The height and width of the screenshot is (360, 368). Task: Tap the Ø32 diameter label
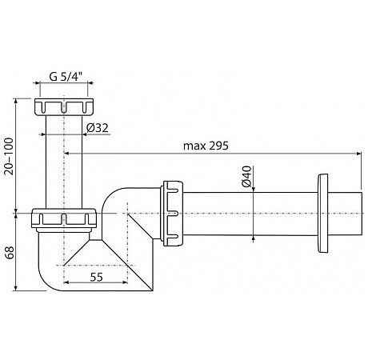click(98, 128)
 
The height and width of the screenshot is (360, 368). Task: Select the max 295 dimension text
click(206, 146)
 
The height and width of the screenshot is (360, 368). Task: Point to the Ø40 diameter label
click(247, 177)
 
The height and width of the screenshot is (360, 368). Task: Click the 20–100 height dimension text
click(9, 156)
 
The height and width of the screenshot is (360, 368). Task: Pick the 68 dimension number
click(10, 253)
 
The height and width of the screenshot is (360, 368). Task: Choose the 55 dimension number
click(96, 278)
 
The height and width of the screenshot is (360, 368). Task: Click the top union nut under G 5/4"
click(64, 106)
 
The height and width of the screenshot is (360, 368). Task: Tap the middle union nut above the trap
click(63, 218)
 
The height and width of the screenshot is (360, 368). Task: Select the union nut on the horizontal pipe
click(172, 214)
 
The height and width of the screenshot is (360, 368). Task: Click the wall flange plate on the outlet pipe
click(322, 213)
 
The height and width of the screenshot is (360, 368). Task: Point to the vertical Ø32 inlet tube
click(64, 162)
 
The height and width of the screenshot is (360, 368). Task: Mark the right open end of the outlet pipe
click(362, 214)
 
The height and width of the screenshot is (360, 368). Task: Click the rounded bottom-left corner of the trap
click(45, 282)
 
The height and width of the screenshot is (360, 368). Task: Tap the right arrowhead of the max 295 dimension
click(359, 154)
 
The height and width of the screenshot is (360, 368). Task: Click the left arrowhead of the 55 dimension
click(66, 282)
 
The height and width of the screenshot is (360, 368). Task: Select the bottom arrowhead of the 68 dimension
click(16, 288)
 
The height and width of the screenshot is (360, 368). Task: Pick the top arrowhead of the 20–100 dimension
click(16, 102)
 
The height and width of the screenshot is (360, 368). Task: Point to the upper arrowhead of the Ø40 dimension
click(253, 189)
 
